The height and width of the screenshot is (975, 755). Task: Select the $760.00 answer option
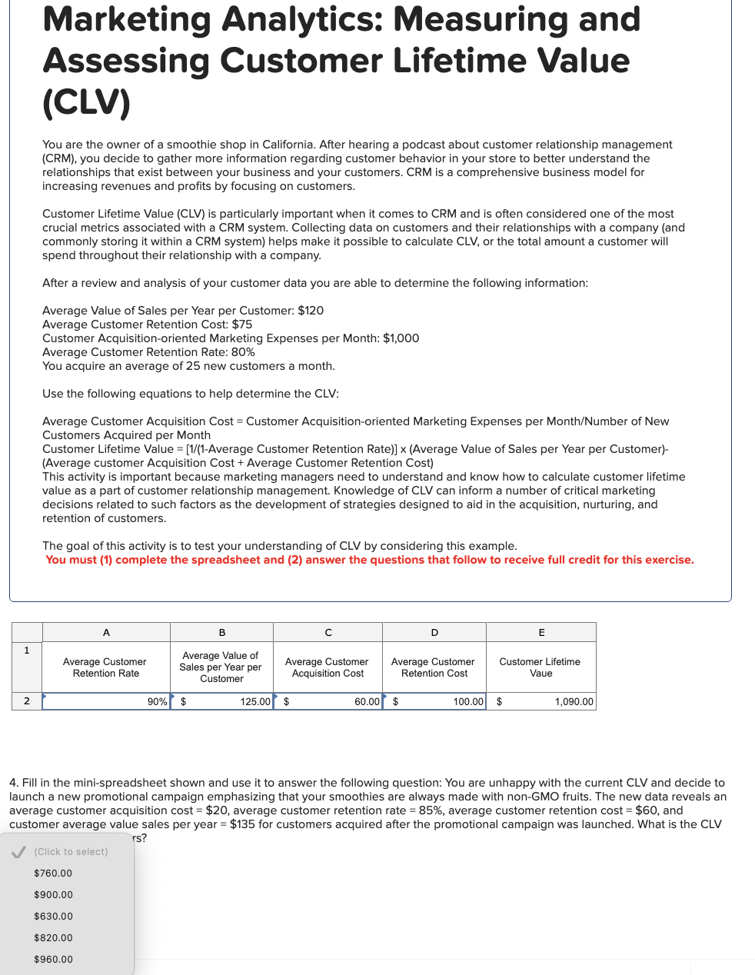coord(53,874)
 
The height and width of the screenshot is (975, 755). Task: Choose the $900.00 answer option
coord(53,895)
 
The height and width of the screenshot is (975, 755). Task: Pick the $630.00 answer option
coord(53,917)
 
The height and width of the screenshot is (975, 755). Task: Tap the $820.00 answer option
coord(53,938)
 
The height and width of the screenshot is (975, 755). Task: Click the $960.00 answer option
coord(53,960)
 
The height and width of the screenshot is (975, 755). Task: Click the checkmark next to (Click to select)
coord(20,852)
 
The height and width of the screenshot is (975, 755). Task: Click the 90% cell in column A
coord(106,701)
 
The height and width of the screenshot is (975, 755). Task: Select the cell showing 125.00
coord(222,701)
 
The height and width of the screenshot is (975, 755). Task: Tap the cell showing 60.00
coord(328,701)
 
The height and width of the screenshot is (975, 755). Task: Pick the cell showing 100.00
coord(434,701)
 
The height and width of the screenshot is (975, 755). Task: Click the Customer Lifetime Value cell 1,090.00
coord(541,701)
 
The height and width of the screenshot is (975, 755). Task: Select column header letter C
coord(328,633)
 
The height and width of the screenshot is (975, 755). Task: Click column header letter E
coord(541,633)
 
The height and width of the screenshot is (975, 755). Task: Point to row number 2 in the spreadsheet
coord(27,701)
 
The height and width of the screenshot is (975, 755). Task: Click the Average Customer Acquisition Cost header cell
coord(328,667)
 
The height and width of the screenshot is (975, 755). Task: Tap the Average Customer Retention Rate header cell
coord(105,667)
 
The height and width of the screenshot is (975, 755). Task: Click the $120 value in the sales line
coord(311,311)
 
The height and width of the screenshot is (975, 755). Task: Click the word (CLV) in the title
coord(86,102)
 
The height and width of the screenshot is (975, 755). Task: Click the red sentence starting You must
coord(369,560)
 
